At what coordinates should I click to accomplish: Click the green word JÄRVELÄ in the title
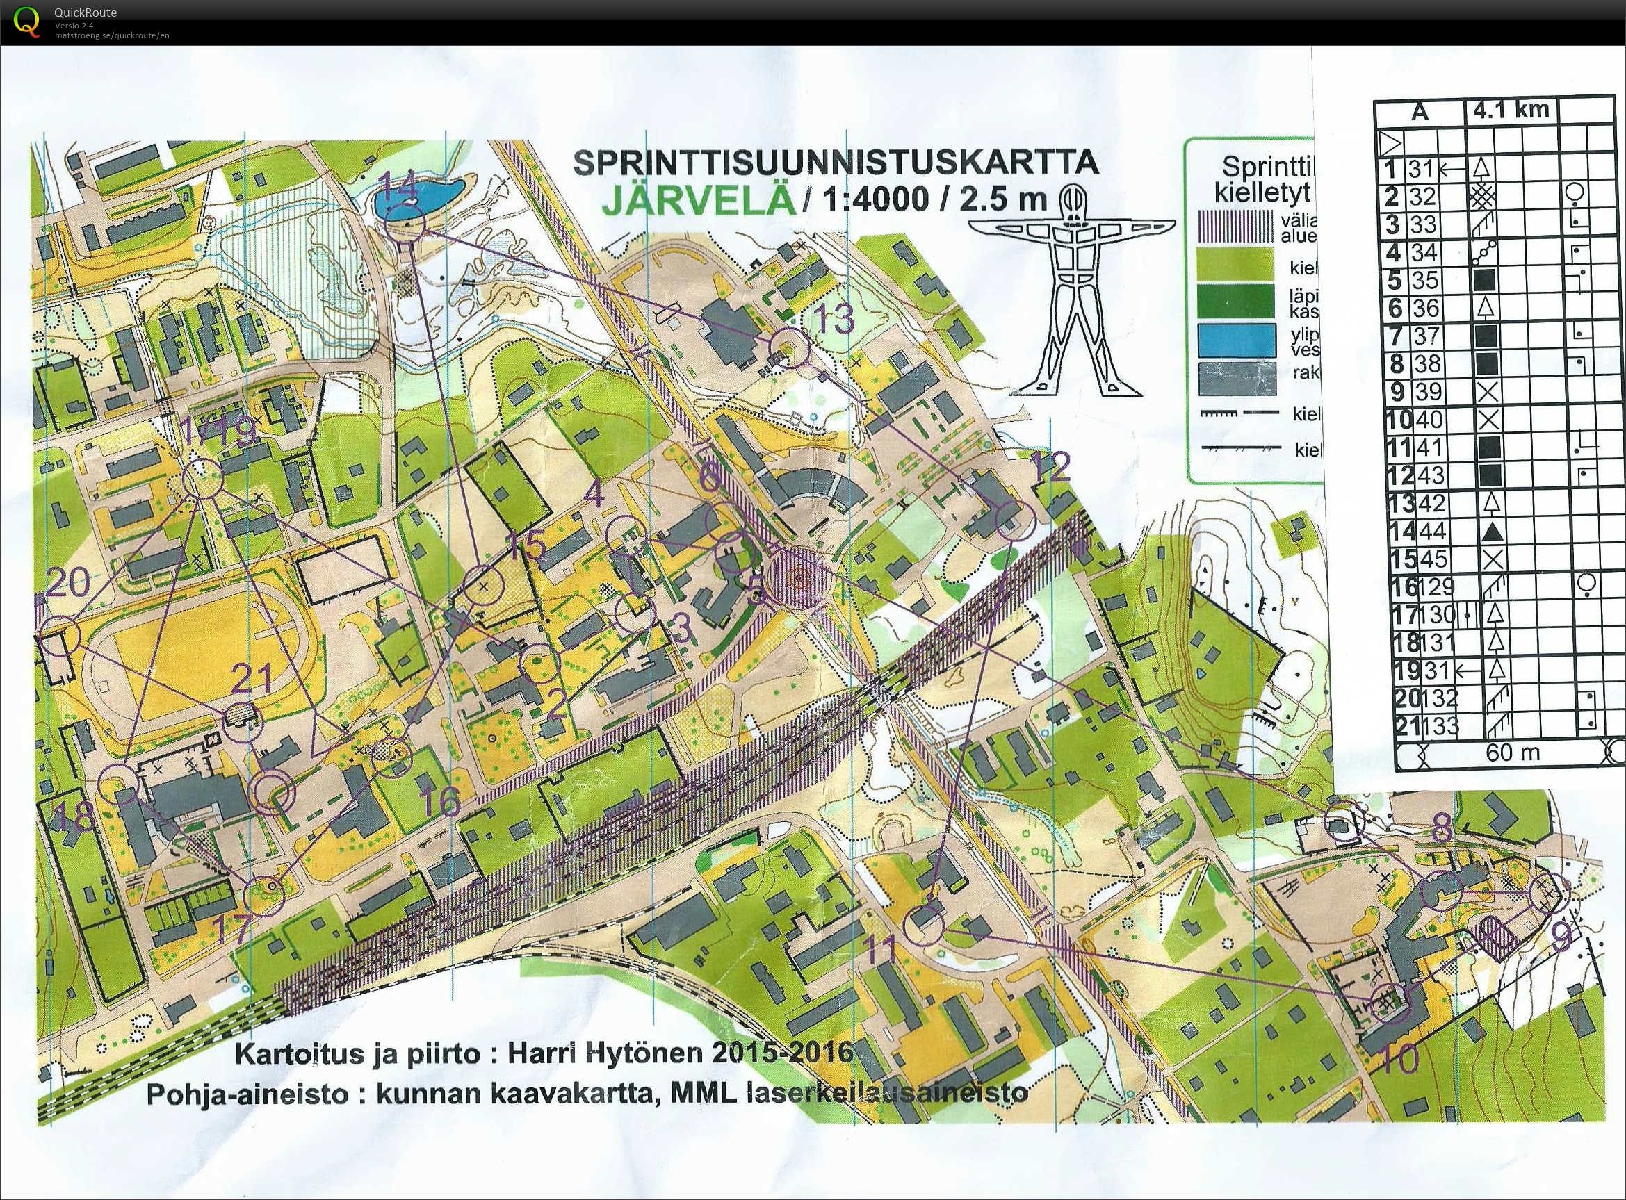697,199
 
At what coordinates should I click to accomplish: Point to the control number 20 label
67,582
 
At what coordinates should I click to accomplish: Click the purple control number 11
881,949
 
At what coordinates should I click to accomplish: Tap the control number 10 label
1398,1058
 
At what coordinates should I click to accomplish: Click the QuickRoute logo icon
27,20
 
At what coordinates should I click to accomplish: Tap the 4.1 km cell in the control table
1511,110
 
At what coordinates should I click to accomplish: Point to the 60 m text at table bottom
1513,753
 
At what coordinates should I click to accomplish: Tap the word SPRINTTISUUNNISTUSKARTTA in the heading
836,163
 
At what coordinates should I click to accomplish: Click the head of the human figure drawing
1073,197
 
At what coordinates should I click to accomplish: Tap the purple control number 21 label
252,678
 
